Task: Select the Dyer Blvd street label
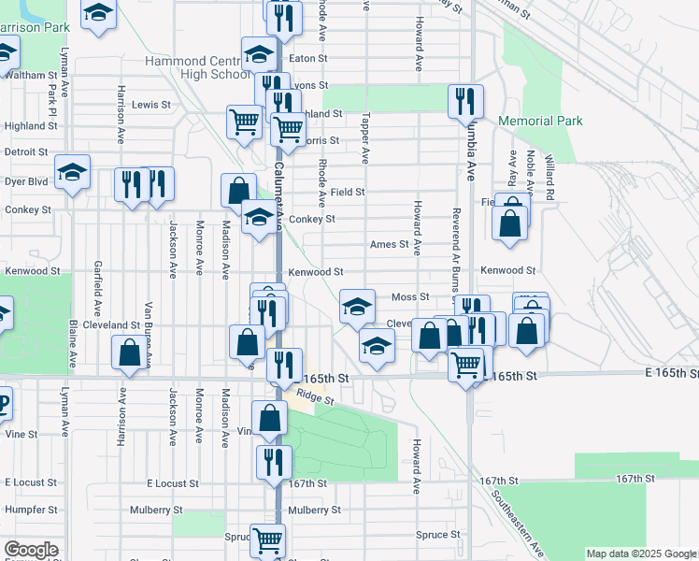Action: pyautogui.click(x=25, y=181)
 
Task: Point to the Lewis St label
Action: pyautogui.click(x=152, y=106)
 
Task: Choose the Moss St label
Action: pyautogui.click(x=409, y=297)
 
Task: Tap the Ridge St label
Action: pyautogui.click(x=315, y=396)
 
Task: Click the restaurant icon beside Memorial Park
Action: pyautogui.click(x=464, y=101)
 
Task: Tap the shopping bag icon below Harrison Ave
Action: pyautogui.click(x=129, y=352)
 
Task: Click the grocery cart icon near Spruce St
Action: pyautogui.click(x=268, y=539)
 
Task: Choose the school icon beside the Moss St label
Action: pyautogui.click(x=356, y=306)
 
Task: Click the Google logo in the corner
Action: pyautogui.click(x=30, y=551)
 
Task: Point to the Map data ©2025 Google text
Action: pyautogui.click(x=640, y=554)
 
